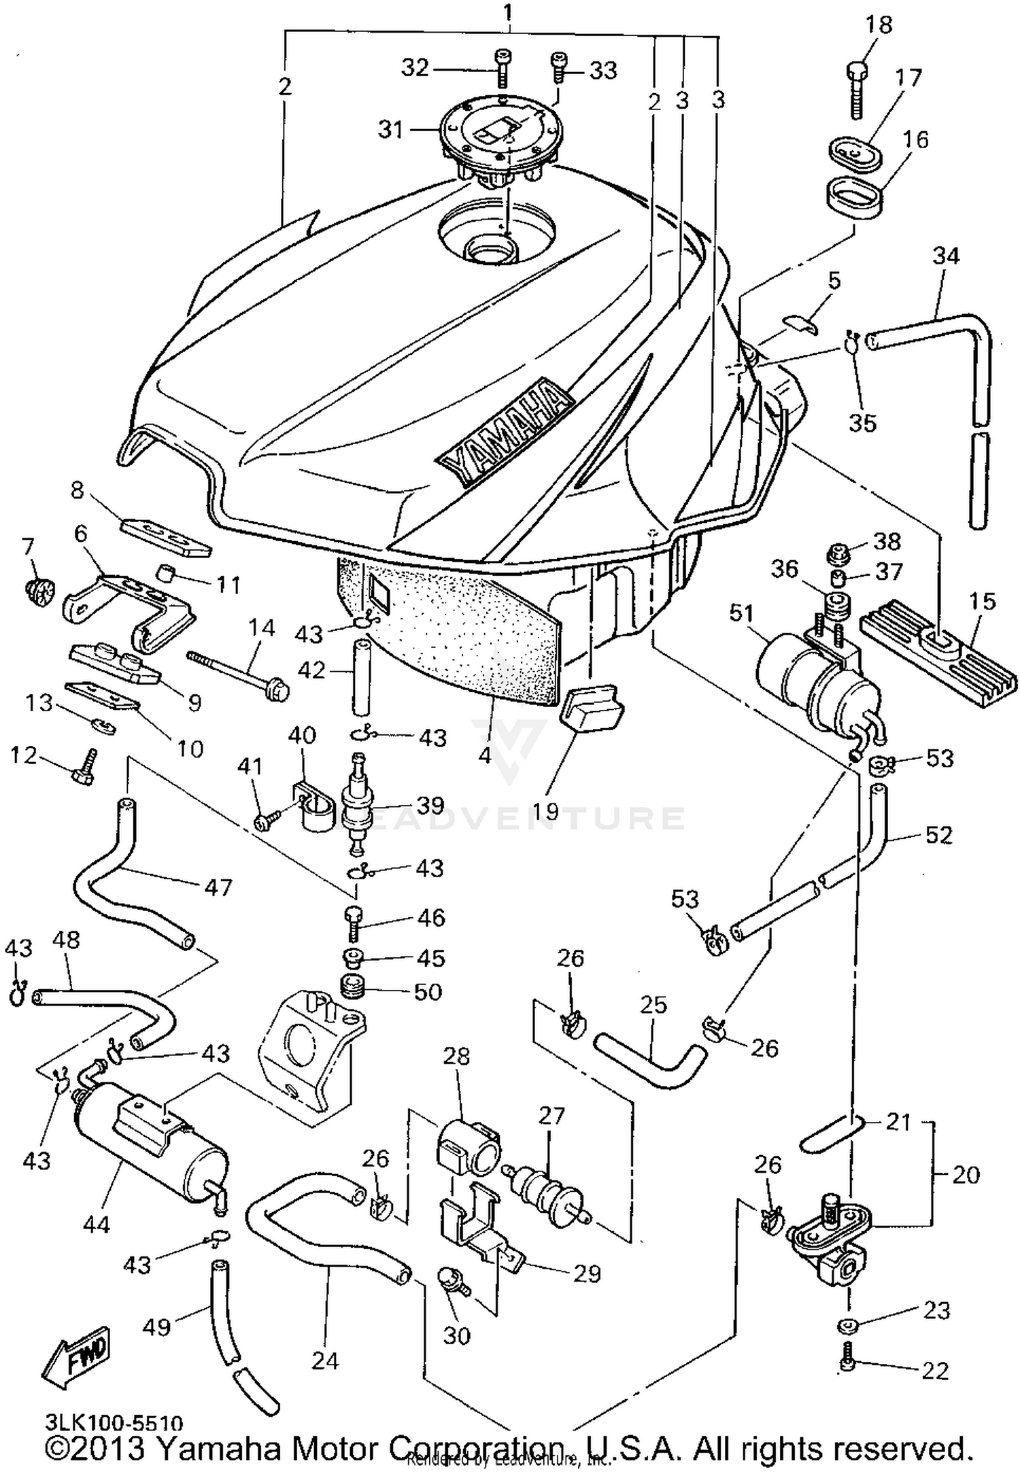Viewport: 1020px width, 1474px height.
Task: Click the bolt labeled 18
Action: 857,92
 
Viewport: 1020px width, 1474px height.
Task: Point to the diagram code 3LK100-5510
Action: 114,1422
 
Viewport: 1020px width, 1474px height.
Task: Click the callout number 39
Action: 430,805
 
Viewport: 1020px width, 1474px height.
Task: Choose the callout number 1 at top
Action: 507,12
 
